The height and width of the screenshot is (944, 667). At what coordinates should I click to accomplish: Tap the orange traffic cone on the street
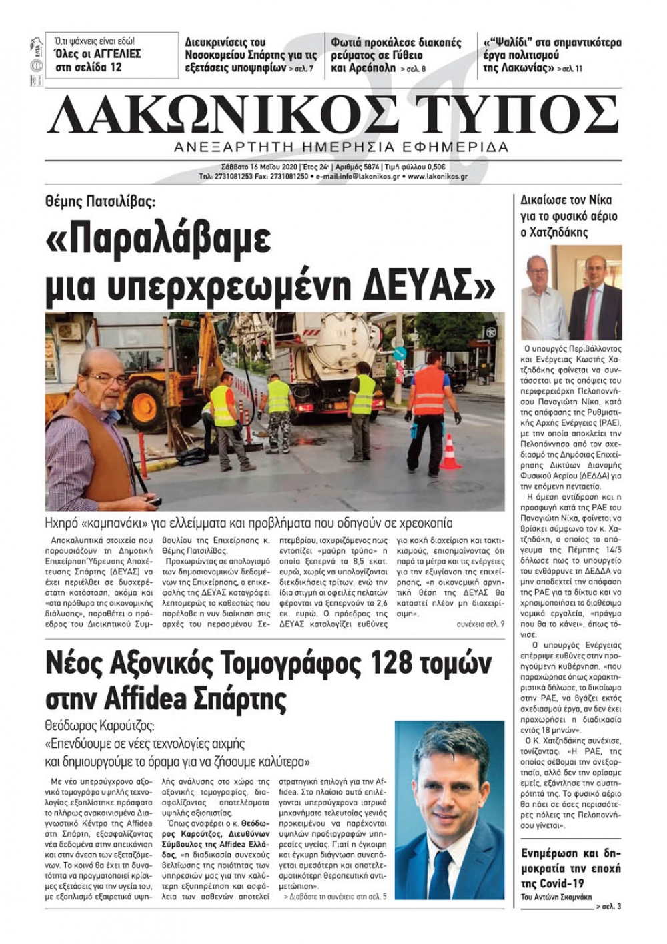point(450,452)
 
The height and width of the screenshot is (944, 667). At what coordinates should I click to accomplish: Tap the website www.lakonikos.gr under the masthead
point(437,177)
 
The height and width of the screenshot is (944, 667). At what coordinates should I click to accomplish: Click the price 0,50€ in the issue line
point(434,167)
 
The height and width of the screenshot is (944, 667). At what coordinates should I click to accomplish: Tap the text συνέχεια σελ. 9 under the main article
point(481,624)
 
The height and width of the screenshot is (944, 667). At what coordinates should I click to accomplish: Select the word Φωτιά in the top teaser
point(349,43)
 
